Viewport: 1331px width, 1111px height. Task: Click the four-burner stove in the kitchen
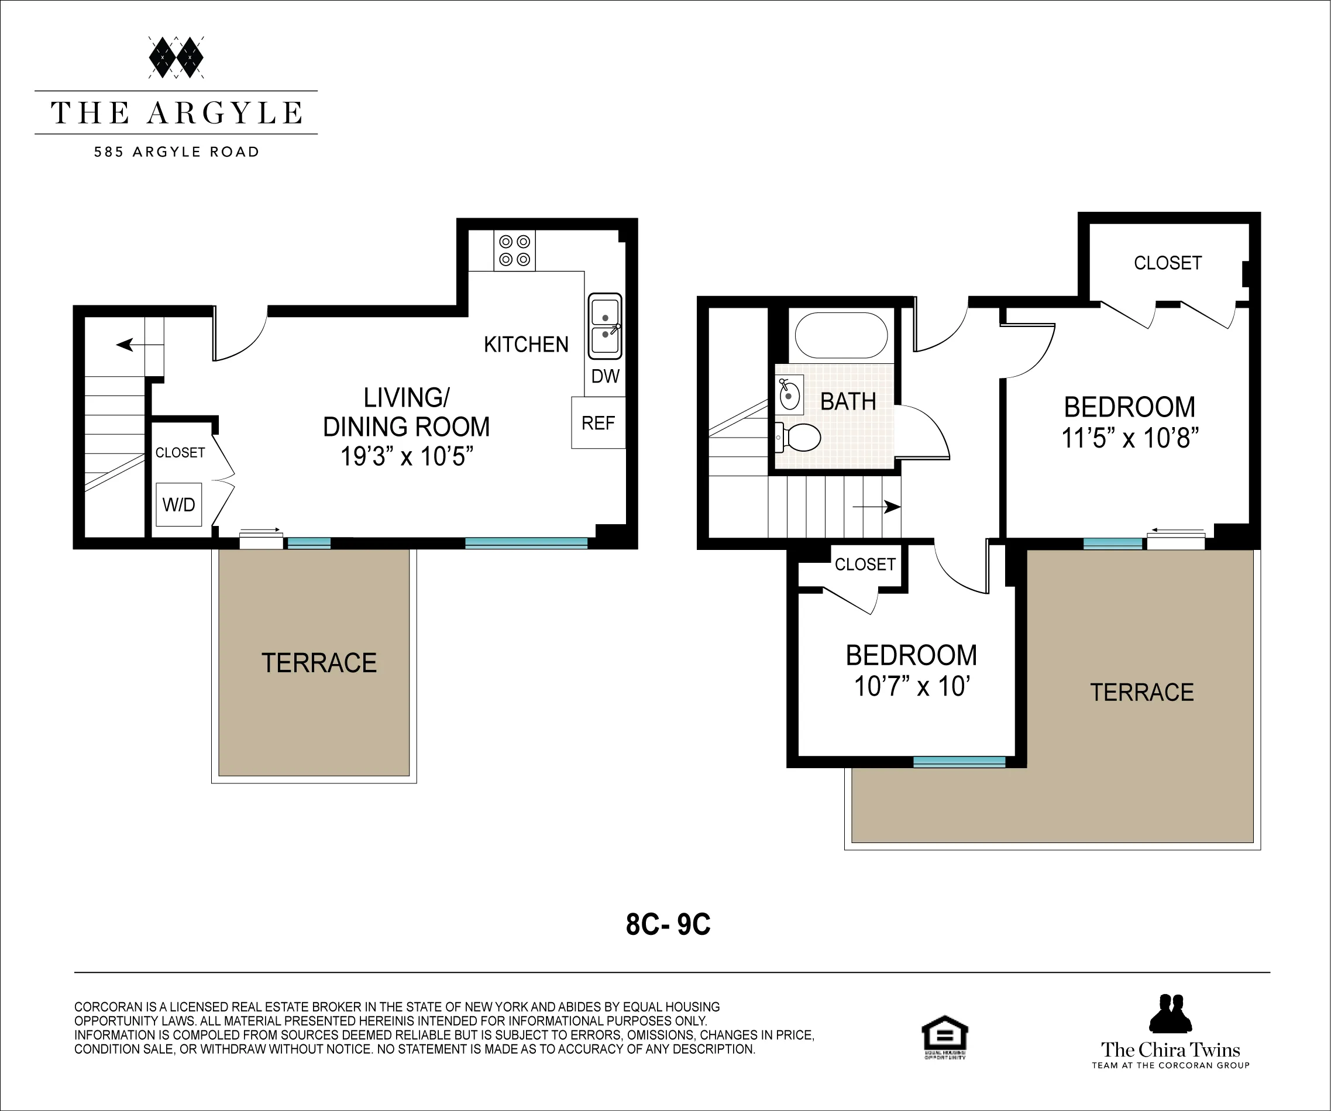tap(514, 250)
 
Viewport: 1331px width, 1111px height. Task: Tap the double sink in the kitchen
tap(605, 326)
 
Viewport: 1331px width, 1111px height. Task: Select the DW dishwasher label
tap(605, 376)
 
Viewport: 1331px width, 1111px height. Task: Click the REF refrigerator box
tap(598, 423)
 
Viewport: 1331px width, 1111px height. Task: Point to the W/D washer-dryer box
tap(179, 504)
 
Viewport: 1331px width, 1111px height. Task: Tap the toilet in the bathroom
tap(800, 437)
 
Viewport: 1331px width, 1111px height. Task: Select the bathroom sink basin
tap(789, 395)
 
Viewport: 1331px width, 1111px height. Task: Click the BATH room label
tap(848, 402)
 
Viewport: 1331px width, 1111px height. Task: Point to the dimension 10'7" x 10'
tap(912, 686)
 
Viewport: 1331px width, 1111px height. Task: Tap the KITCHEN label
tap(526, 345)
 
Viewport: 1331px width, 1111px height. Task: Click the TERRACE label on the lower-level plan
tap(319, 663)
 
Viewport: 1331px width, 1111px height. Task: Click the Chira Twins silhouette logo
tap(1170, 1014)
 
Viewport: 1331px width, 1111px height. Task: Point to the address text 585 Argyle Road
tap(176, 152)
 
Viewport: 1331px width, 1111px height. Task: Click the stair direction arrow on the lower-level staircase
tap(125, 345)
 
